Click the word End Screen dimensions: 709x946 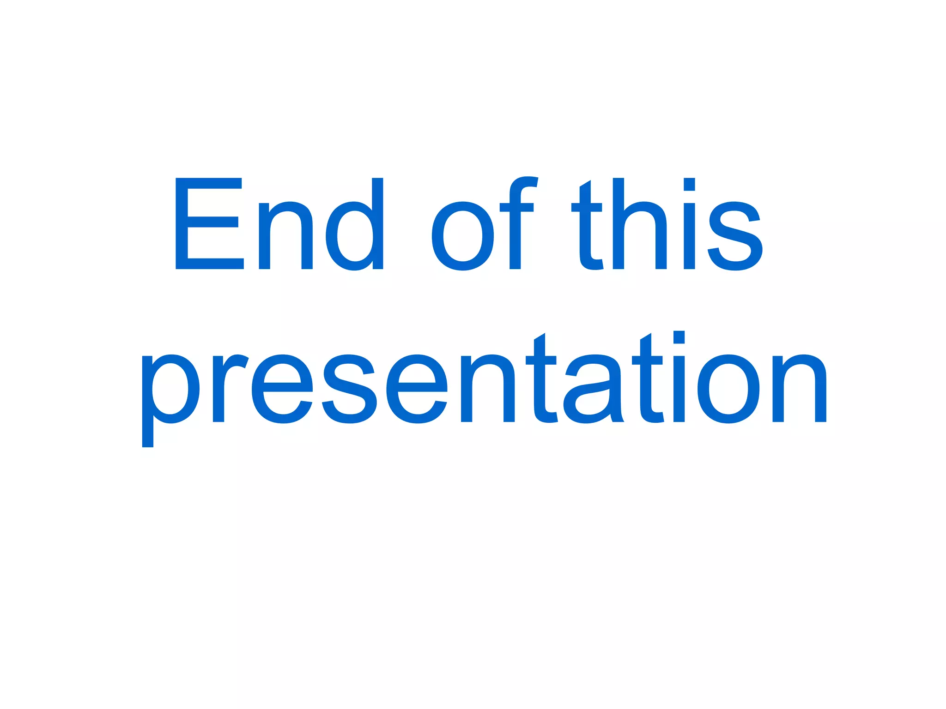coord(279,223)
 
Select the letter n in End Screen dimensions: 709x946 coord(285,235)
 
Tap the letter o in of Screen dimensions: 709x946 coord(462,235)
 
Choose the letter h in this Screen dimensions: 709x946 coord(639,224)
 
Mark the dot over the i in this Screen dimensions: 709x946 coord(689,184)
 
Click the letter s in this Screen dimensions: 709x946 coord(734,235)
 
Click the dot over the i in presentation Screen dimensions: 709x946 coord(679,337)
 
